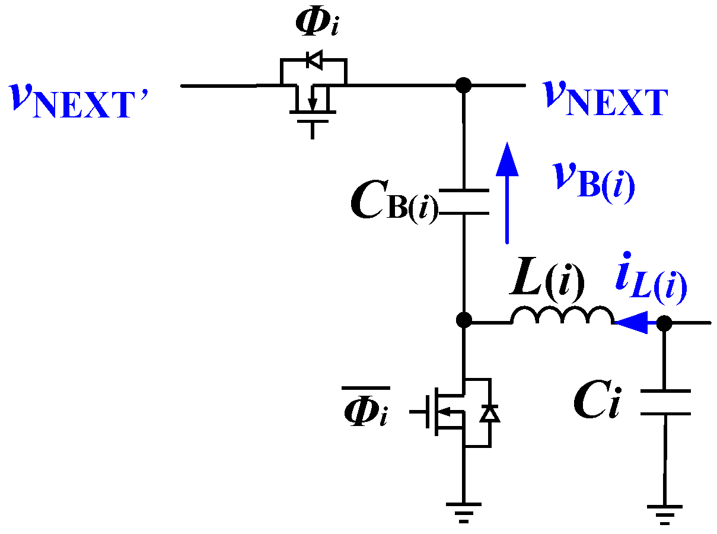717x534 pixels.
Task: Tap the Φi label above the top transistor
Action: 317,24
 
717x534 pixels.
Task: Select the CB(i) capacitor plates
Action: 464,202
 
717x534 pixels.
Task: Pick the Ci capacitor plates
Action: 665,402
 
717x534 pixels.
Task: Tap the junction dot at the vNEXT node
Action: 464,85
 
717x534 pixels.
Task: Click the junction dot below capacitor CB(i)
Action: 464,321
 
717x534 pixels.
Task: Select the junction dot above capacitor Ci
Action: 665,323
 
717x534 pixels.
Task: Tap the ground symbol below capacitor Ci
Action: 665,511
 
